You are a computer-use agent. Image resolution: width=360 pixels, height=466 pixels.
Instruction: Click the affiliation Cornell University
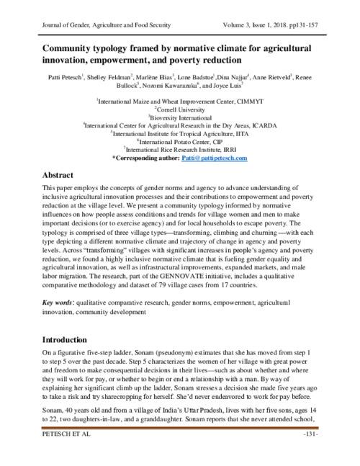[x=180, y=109]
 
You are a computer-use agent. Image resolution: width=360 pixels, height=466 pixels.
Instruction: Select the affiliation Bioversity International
[x=180, y=117]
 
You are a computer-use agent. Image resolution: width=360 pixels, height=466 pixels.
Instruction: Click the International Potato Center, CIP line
[x=180, y=141]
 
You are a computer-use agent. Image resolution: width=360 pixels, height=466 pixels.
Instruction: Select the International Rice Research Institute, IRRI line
[x=180, y=149]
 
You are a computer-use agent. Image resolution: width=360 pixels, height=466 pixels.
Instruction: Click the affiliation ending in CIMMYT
[x=180, y=101]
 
